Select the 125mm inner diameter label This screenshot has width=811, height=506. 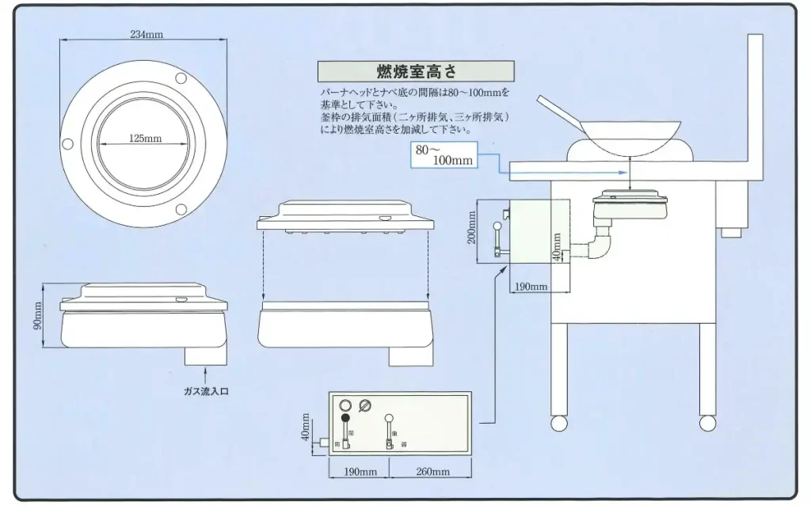[x=145, y=139]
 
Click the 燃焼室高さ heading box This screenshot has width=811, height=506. [x=415, y=72]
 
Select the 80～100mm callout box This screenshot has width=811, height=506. [x=445, y=155]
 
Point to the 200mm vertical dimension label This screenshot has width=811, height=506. [x=473, y=227]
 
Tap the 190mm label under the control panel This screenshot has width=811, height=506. [x=360, y=472]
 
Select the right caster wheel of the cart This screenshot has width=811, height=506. [x=706, y=423]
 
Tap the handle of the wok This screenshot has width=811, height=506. [x=556, y=110]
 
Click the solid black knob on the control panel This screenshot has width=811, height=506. [x=345, y=419]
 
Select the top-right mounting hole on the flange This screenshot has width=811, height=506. [x=181, y=78]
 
